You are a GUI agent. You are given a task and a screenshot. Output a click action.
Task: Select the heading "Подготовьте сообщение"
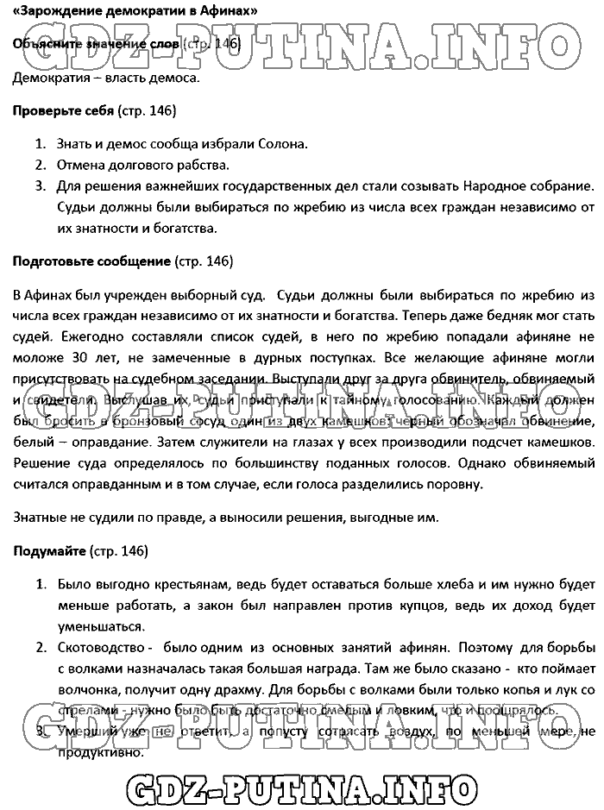[x=91, y=261]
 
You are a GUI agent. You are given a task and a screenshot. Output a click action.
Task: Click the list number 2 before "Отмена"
[x=40, y=164]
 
